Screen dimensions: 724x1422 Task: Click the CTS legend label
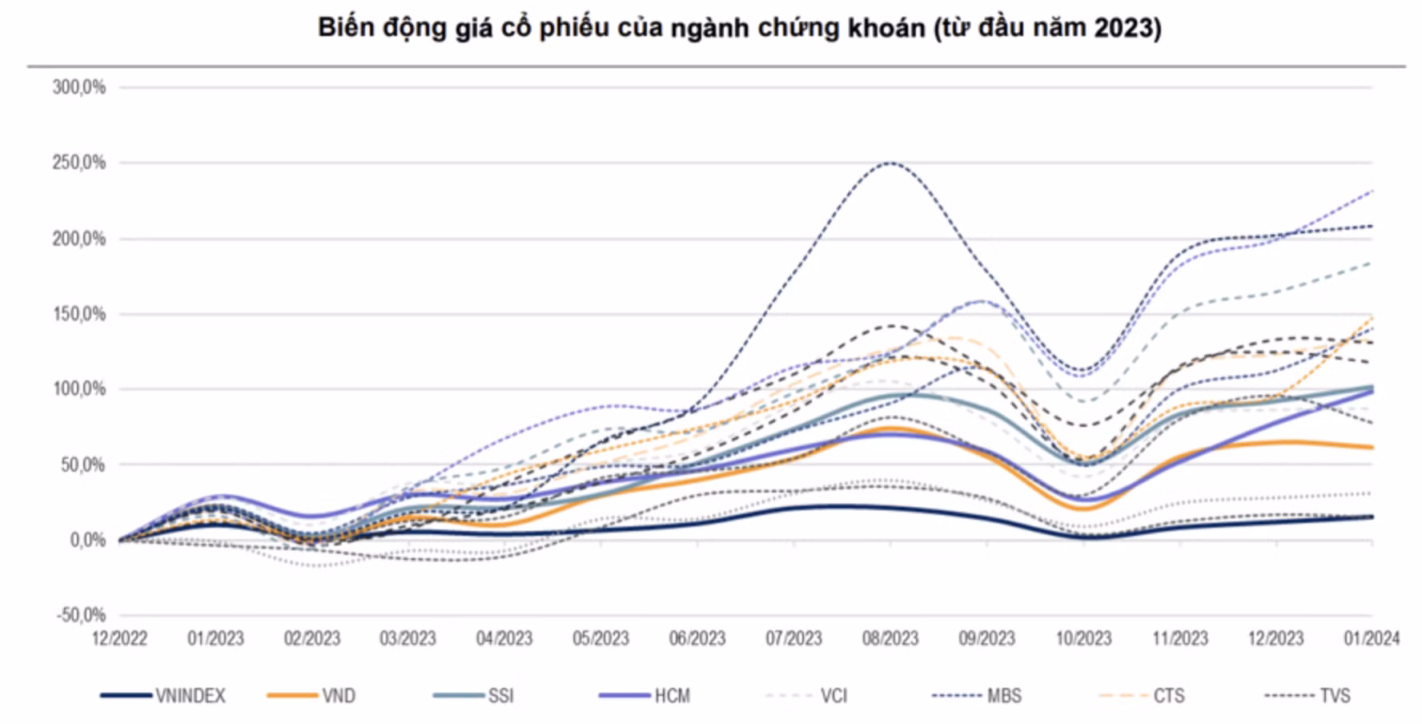click(x=1168, y=696)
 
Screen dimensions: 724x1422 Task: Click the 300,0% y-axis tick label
click(x=79, y=87)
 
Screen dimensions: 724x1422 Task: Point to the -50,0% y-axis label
click(x=81, y=615)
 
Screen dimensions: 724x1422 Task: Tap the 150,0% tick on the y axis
click(x=79, y=314)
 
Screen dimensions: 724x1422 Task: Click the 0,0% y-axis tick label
click(x=87, y=541)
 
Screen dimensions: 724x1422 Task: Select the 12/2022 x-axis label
click(x=119, y=638)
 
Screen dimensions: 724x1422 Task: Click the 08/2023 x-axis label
click(x=890, y=638)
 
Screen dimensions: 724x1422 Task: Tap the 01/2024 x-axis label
click(x=1372, y=638)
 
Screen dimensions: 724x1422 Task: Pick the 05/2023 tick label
click(x=601, y=638)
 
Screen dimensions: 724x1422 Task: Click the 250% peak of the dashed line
click(x=890, y=163)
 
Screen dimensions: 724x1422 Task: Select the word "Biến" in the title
click(x=344, y=28)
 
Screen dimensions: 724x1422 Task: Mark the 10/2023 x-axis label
click(x=1083, y=638)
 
